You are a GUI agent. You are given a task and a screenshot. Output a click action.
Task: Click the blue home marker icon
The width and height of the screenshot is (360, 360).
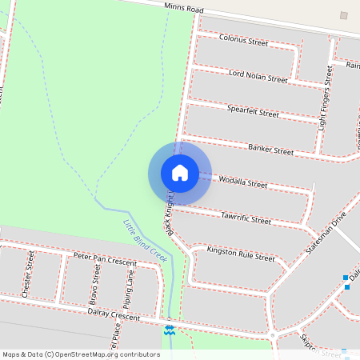tap(180, 173)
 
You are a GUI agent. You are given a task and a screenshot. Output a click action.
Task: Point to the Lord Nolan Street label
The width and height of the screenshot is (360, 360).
tap(258, 77)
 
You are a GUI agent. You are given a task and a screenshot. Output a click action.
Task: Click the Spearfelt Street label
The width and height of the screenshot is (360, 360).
tap(253, 113)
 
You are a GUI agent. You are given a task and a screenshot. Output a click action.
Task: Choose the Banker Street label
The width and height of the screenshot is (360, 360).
tap(270, 149)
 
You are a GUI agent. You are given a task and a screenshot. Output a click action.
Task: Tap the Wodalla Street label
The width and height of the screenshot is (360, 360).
tap(242, 183)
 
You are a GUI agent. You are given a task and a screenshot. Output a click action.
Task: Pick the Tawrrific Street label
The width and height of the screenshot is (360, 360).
tap(245, 219)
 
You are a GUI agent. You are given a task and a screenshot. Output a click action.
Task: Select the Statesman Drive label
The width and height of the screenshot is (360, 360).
tap(326, 234)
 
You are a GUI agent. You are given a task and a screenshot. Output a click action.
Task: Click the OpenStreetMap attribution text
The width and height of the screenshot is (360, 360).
tap(81, 354)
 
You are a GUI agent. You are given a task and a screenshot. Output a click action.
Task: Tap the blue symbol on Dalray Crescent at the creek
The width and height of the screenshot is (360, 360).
tap(169, 329)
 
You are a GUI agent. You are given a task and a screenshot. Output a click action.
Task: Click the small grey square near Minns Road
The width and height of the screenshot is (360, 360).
tap(343, 15)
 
